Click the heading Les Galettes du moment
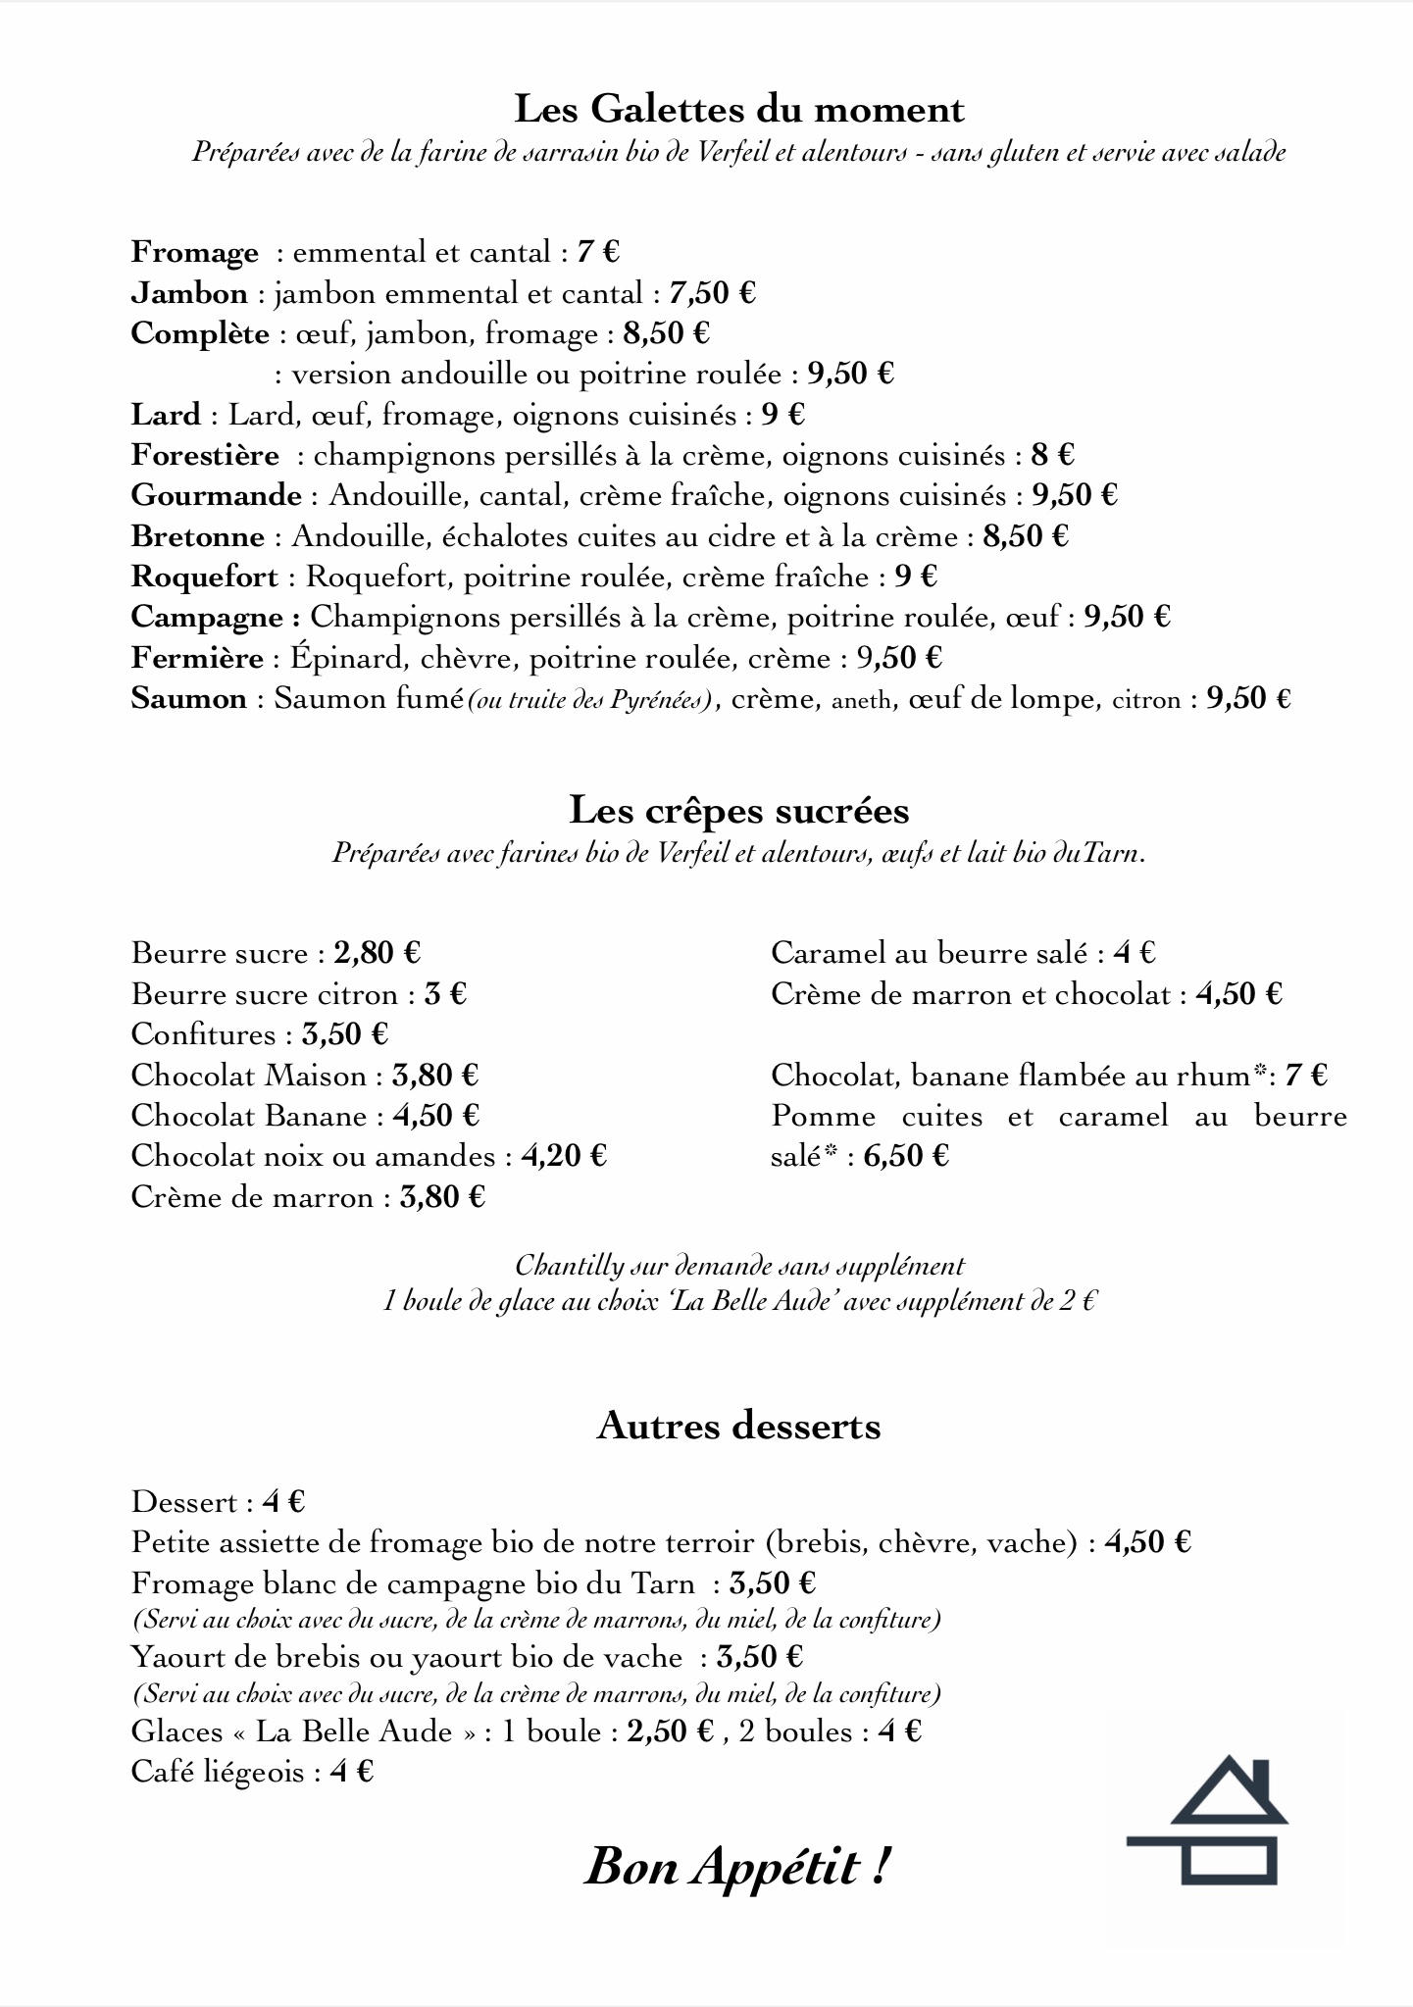[739, 109]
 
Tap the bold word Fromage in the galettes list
[194, 253]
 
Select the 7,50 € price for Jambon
[712, 293]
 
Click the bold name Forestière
[205, 455]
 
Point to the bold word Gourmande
[216, 495]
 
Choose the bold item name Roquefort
[204, 577]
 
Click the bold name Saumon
[188, 698]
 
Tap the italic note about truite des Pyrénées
[591, 700]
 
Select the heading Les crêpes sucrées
[739, 811]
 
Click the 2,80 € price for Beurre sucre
[377, 953]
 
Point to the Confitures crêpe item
[204, 1034]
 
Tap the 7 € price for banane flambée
[1305, 1076]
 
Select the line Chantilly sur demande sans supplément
[739, 1266]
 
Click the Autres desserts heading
[738, 1426]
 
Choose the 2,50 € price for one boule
[670, 1731]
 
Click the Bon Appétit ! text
[737, 1866]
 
